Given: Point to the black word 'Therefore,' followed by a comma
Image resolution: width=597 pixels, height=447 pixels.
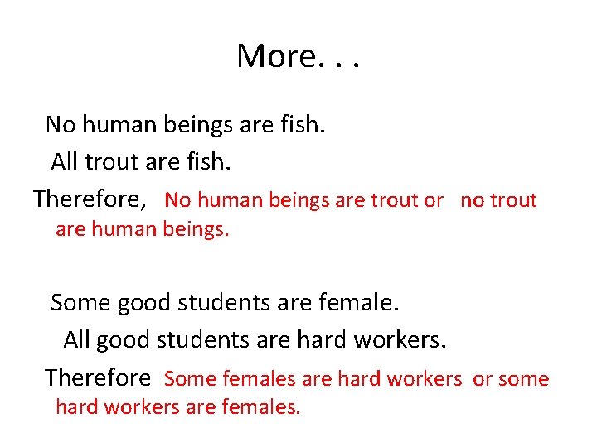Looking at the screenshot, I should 90,199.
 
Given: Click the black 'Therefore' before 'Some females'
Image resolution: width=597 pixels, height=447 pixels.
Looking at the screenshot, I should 98,378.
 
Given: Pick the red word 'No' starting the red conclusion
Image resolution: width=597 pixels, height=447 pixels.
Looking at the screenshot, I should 178,200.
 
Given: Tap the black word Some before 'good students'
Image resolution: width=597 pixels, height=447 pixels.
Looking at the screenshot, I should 80,303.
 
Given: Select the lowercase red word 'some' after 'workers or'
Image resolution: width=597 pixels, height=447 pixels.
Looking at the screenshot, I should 523,379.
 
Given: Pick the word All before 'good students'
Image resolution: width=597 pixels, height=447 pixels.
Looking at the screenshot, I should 76,339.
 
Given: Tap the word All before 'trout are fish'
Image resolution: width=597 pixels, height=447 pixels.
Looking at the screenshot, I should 65,161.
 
